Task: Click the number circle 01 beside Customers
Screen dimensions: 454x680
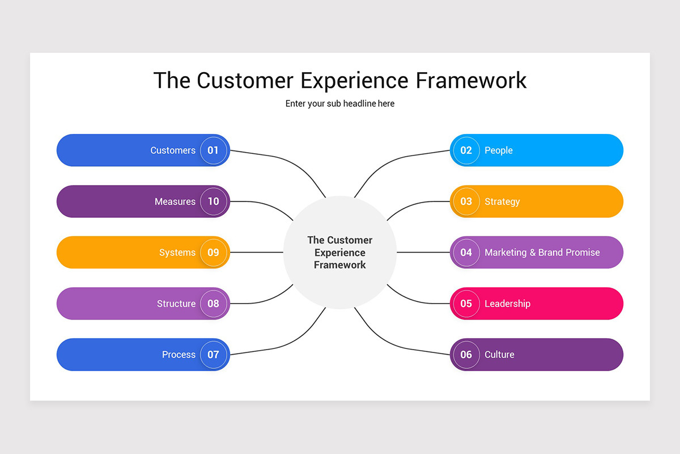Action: [213, 150]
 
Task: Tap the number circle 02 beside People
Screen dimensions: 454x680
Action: [466, 150]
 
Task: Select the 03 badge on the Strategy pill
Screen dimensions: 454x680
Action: [466, 201]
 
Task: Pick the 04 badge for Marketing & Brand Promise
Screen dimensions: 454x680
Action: [466, 253]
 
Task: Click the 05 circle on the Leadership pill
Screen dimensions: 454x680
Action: [466, 304]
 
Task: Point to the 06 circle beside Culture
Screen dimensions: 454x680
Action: [466, 355]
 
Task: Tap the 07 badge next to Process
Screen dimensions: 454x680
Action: [213, 355]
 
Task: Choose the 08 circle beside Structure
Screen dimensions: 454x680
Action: [213, 304]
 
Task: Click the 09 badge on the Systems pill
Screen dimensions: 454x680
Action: [213, 253]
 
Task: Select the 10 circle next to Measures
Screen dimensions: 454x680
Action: [213, 201]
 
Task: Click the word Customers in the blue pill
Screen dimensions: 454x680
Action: [173, 150]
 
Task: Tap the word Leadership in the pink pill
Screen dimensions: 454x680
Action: [507, 304]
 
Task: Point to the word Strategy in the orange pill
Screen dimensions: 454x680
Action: [502, 201]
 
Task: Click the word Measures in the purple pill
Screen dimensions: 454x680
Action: [175, 201]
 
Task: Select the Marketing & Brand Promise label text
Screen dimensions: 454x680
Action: [542, 253]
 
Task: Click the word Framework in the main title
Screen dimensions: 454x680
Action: [471, 81]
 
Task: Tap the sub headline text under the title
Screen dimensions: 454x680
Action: [340, 104]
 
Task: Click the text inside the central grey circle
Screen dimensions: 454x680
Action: [340, 253]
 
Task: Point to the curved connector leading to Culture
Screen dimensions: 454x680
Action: [397, 341]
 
